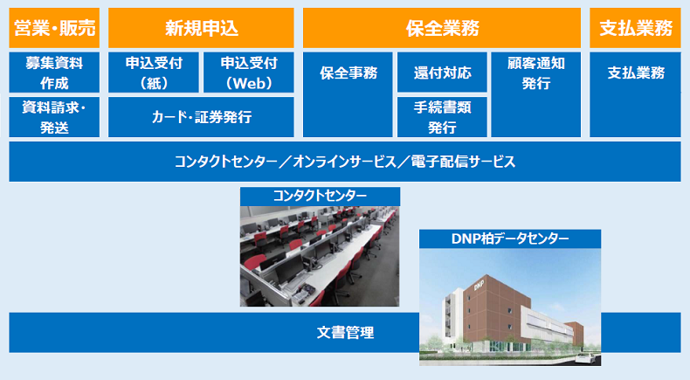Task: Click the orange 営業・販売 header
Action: pyautogui.click(x=53, y=28)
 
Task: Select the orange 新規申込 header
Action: pyautogui.click(x=201, y=28)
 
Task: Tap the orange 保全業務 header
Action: pyautogui.click(x=442, y=28)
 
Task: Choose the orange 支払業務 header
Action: pyautogui.click(x=635, y=28)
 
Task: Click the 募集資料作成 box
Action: pyautogui.click(x=53, y=73)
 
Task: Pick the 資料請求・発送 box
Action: pyautogui.click(x=53, y=117)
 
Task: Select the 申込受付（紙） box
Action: pyautogui.click(x=153, y=73)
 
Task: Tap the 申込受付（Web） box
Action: pyautogui.click(x=249, y=73)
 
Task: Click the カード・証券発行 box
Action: pyautogui.click(x=201, y=117)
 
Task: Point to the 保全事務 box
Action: pyautogui.click(x=348, y=73)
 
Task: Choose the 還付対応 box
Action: pyautogui.click(x=442, y=73)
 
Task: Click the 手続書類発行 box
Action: pyautogui.click(x=442, y=117)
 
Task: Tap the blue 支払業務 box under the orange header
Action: pyautogui.click(x=635, y=73)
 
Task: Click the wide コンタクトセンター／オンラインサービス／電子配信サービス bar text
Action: pyautogui.click(x=344, y=162)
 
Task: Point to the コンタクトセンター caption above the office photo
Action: pyautogui.click(x=320, y=196)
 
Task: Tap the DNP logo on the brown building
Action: pyautogui.click(x=479, y=286)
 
